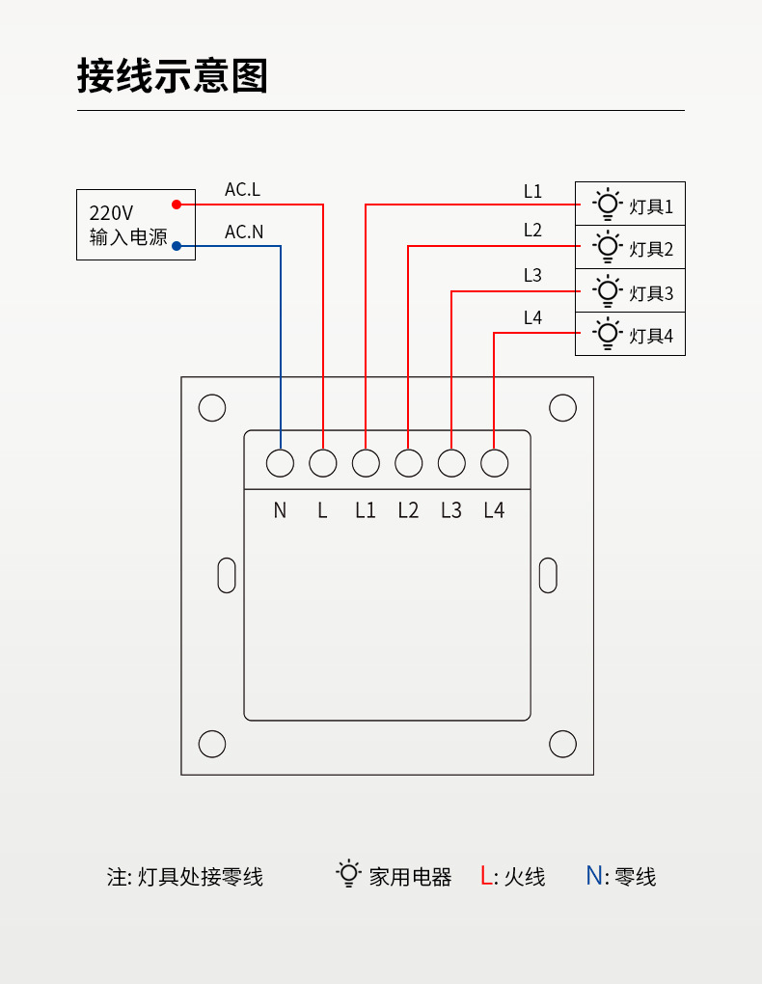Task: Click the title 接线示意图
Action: (x=173, y=75)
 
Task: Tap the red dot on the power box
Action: (x=177, y=205)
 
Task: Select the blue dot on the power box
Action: (x=177, y=246)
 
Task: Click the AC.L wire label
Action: (x=242, y=190)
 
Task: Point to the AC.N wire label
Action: (x=243, y=232)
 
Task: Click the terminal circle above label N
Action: (x=280, y=463)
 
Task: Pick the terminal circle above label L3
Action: (x=451, y=463)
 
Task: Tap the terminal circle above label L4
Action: (x=494, y=463)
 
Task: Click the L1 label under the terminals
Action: (x=365, y=510)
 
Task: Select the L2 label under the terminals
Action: (x=408, y=510)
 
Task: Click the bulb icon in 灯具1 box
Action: (x=607, y=204)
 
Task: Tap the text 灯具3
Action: (x=651, y=293)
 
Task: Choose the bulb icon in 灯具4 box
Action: (x=607, y=334)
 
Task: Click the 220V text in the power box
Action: (x=111, y=213)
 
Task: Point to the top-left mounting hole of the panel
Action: (x=212, y=408)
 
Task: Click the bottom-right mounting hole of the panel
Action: (x=562, y=744)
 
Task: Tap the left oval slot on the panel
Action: (x=227, y=575)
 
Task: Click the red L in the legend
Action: (x=486, y=876)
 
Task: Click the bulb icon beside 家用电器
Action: (x=348, y=874)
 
